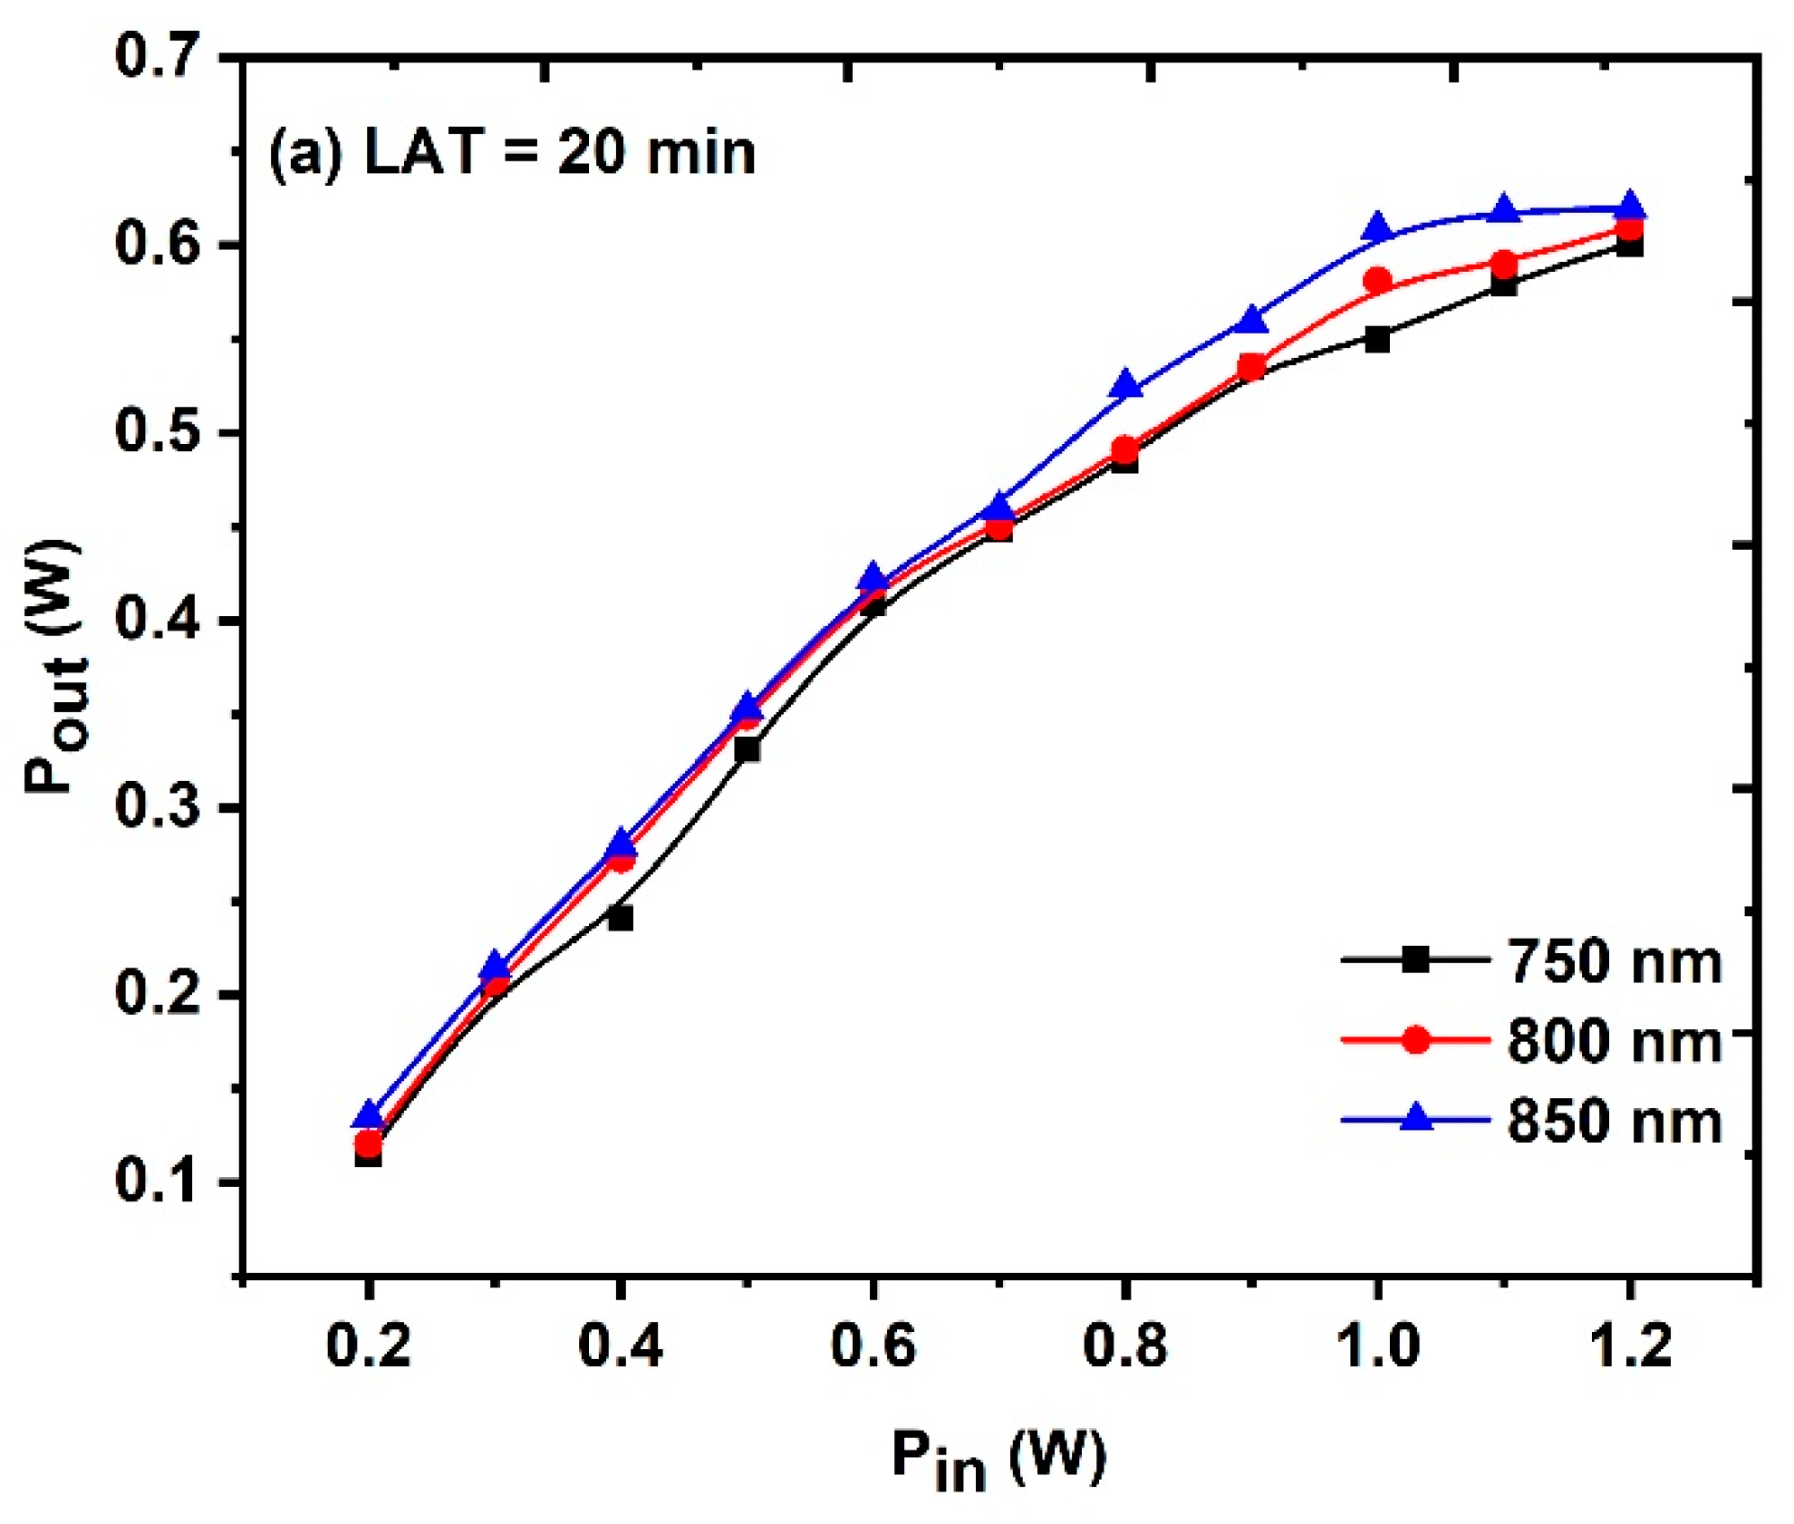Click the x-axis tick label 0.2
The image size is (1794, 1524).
click(x=368, y=1345)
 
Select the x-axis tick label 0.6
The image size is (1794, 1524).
click(x=873, y=1345)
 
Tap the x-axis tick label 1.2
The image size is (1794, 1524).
click(x=1630, y=1345)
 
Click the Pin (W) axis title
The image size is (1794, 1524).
click(x=998, y=1459)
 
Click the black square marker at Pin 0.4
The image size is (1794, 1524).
click(x=621, y=919)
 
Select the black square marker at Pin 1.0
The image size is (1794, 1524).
click(x=1377, y=340)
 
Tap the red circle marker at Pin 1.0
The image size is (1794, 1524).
click(x=1377, y=281)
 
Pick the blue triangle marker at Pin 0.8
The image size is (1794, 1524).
click(x=1125, y=385)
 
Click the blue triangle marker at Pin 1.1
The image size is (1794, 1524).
click(x=1504, y=209)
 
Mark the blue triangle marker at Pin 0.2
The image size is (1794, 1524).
click(x=368, y=1115)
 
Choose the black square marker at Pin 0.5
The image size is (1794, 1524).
click(x=747, y=749)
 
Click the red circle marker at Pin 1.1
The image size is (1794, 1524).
click(x=1504, y=265)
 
